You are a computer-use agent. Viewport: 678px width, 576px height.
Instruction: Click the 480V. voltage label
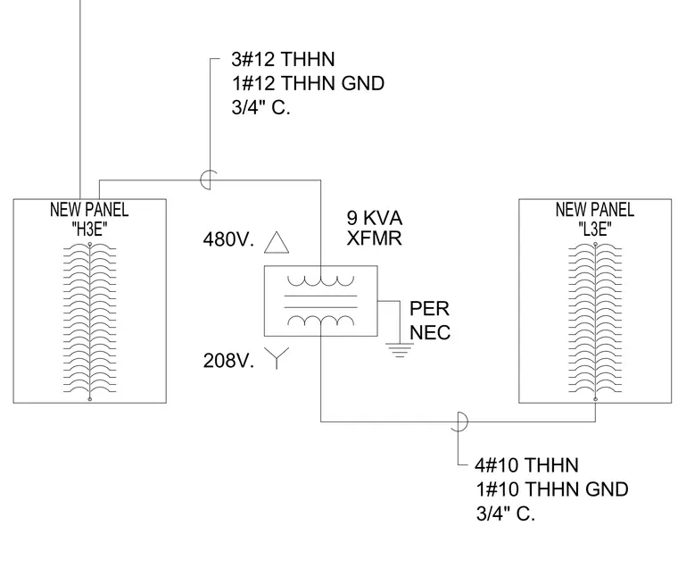(228, 239)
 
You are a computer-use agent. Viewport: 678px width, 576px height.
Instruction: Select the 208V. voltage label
(228, 361)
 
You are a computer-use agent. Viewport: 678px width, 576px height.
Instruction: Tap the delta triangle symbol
(277, 242)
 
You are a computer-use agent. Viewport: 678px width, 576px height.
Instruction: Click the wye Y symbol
(277, 358)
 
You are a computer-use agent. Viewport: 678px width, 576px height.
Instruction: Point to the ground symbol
(398, 351)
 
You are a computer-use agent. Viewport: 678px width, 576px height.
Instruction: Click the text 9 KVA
(375, 218)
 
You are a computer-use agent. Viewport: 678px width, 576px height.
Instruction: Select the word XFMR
(375, 238)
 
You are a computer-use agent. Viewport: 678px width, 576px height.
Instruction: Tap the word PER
(429, 309)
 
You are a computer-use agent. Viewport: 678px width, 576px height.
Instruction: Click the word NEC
(430, 333)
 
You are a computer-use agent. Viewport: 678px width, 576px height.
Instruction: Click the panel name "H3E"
(89, 230)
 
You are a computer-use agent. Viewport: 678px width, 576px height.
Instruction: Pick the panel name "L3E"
(595, 230)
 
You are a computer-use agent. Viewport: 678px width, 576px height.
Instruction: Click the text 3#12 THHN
(283, 59)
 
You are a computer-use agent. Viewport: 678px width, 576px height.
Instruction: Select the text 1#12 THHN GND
(309, 84)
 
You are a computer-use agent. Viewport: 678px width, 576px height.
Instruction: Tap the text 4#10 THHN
(526, 465)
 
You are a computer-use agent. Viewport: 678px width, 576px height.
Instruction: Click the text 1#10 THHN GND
(552, 489)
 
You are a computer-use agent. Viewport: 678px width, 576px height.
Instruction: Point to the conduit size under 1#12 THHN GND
(260, 107)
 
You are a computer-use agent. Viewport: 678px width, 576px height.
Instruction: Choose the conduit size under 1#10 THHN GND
(506, 513)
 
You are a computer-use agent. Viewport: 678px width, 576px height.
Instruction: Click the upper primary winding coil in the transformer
(321, 281)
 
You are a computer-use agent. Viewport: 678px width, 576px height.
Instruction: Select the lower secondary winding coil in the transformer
(321, 321)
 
